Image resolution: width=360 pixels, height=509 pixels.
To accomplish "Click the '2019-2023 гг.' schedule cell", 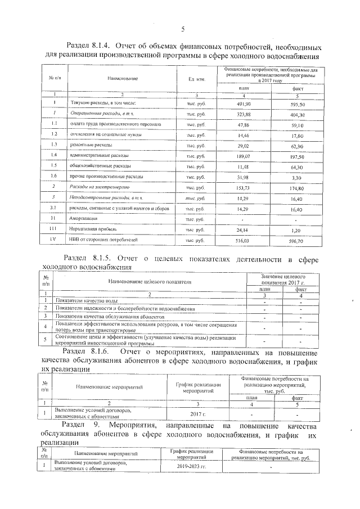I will click(191, 466).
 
